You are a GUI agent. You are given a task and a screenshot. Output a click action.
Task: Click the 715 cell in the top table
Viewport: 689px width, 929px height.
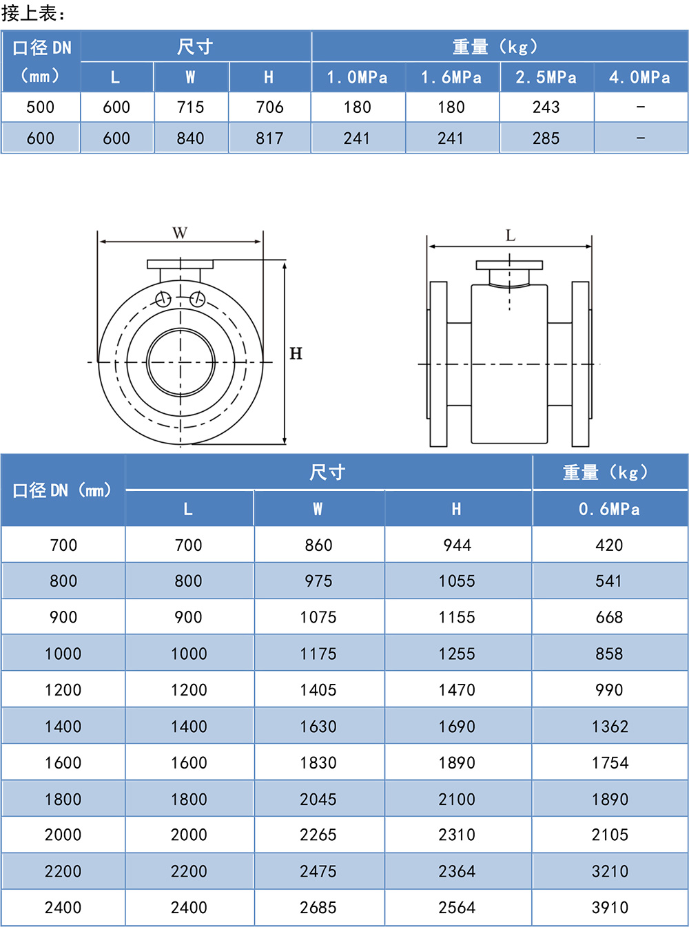pos(190,107)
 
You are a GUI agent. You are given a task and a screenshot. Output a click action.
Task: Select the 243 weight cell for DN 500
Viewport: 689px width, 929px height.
pos(546,107)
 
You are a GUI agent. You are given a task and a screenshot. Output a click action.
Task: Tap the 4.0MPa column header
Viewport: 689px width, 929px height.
pos(639,78)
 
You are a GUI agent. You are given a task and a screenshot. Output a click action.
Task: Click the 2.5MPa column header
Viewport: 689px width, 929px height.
pos(546,78)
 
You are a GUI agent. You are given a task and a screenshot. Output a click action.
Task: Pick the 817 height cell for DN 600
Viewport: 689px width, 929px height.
pos(269,138)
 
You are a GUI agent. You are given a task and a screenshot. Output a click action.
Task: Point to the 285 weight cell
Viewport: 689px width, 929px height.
pos(546,138)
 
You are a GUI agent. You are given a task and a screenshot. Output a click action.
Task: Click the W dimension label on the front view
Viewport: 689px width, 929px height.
pos(180,233)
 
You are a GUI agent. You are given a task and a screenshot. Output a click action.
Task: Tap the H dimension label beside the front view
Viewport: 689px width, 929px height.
pos(296,353)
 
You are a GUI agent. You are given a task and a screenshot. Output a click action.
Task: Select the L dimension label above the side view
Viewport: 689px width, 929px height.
pos(510,236)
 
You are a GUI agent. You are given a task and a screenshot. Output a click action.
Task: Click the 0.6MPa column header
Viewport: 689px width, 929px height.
pos(609,510)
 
